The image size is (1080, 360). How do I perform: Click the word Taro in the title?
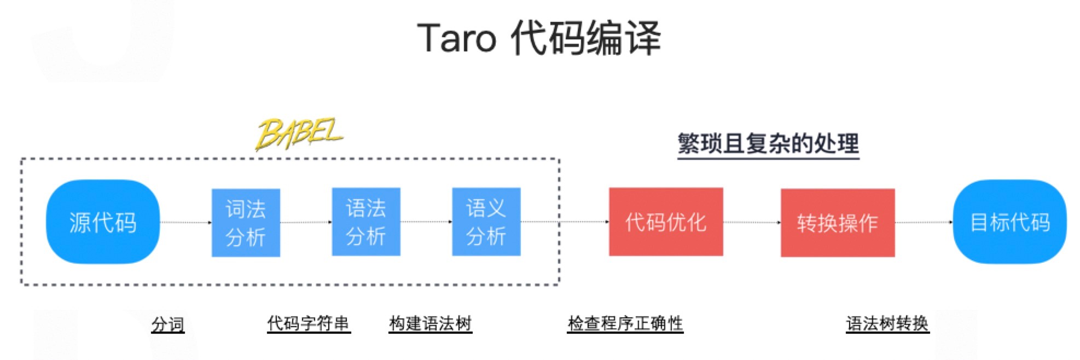point(457,38)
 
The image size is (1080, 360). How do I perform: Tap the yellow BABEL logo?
point(299,134)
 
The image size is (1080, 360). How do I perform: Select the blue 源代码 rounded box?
point(103,222)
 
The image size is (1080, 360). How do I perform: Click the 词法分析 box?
point(246,223)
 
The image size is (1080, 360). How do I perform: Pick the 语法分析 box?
point(366,222)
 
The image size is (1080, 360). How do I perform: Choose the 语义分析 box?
point(486,222)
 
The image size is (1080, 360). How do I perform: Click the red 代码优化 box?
point(666,222)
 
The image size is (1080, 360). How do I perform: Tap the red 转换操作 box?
point(838,222)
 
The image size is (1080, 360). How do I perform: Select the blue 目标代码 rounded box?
point(1009,222)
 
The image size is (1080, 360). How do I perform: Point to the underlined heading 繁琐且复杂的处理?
point(768,144)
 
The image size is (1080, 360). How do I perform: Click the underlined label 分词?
point(167,324)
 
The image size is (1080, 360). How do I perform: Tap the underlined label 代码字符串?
point(309,323)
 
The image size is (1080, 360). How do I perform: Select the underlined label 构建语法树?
point(430,323)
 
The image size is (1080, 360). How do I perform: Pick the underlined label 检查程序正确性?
point(625,323)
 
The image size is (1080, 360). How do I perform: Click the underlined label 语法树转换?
point(887,323)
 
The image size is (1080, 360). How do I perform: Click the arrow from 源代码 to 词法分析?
point(185,222)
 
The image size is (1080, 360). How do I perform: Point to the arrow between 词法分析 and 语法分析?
point(306,222)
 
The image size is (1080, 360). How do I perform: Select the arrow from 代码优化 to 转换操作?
point(752,222)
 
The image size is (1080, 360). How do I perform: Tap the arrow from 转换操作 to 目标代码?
point(924,222)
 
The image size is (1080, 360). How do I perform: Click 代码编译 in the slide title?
point(585,38)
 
